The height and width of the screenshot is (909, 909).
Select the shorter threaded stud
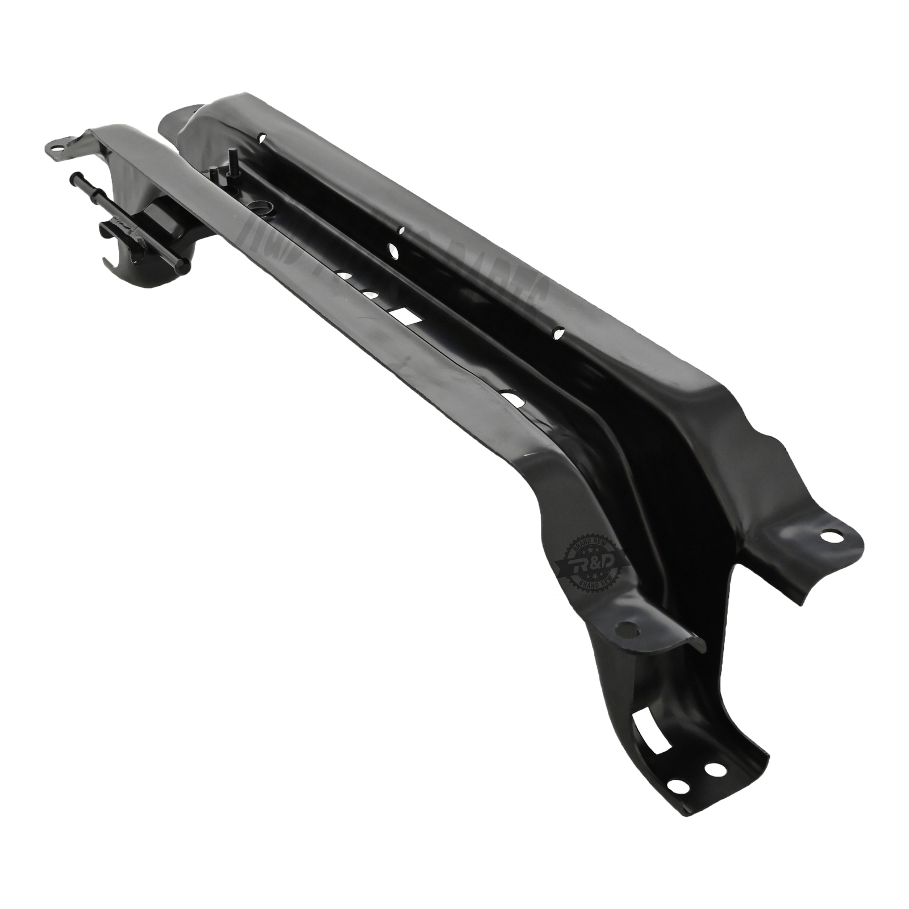(x=214, y=173)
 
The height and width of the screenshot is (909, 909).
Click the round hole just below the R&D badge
(x=627, y=627)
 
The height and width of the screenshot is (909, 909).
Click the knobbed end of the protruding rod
(x=76, y=177)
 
